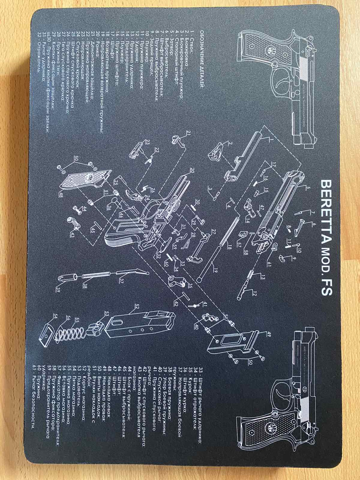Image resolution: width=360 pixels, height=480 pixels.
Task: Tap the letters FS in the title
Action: click(325, 286)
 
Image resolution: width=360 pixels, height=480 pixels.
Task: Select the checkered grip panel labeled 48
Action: click(84, 178)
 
